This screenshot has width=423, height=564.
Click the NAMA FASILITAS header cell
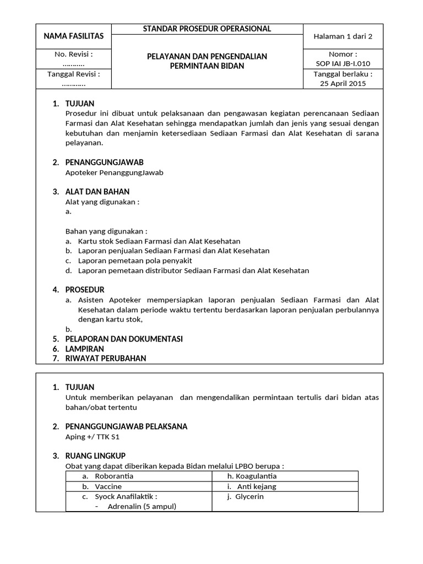point(74,36)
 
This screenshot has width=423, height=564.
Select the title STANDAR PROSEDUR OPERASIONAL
point(207,29)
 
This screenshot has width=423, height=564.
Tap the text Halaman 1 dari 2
point(343,36)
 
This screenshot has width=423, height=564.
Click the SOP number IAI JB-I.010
point(343,64)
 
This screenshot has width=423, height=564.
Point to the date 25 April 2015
point(343,84)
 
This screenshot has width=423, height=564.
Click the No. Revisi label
point(74,55)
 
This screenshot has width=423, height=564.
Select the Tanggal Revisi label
point(74,74)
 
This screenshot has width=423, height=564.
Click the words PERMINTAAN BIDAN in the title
point(207,66)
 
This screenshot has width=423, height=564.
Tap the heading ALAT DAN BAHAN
point(97,192)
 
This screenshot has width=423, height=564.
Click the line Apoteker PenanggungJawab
point(115,172)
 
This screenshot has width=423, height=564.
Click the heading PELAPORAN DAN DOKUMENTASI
point(124,339)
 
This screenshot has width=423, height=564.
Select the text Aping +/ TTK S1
point(93,437)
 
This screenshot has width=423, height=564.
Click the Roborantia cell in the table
point(114,476)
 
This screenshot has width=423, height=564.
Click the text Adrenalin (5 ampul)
point(142,506)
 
